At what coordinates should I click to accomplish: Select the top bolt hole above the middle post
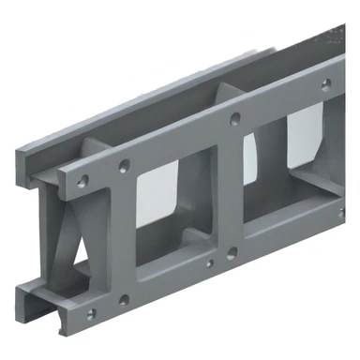click(x=234, y=119)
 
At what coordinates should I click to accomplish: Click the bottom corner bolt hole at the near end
click(x=90, y=312)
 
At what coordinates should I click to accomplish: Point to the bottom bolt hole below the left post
click(x=123, y=301)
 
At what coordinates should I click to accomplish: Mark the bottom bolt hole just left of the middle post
click(x=209, y=262)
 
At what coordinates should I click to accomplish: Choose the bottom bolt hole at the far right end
click(x=331, y=212)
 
